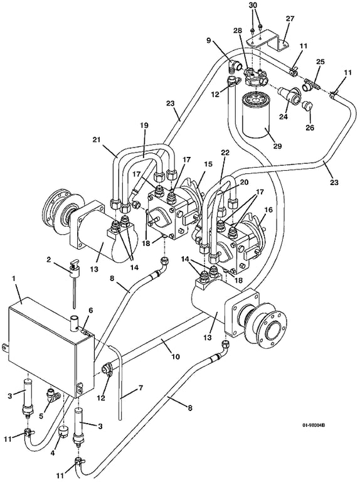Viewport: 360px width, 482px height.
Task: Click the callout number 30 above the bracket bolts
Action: (253, 6)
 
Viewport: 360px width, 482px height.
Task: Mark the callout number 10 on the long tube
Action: (176, 356)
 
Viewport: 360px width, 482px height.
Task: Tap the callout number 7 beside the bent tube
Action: (140, 388)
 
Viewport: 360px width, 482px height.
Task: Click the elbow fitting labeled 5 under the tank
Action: (53, 395)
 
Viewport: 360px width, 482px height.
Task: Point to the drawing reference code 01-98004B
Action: (314, 425)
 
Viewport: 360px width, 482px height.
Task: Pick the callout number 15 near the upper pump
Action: (208, 164)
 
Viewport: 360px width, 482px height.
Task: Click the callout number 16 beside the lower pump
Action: (268, 210)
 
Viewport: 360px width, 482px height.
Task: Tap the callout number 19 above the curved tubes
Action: (144, 125)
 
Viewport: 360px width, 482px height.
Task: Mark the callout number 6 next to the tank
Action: (90, 311)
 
